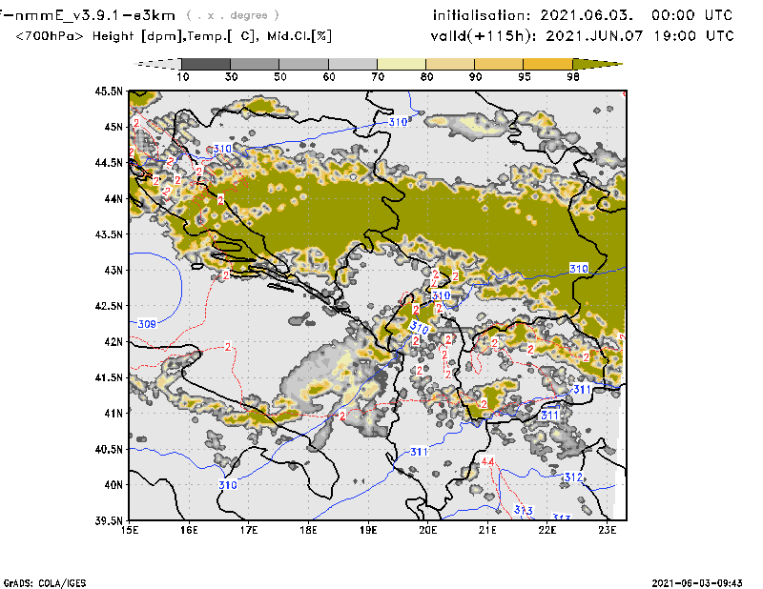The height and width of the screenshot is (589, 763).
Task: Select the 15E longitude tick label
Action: tap(130, 529)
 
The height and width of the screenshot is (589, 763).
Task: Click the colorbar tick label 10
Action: tap(182, 76)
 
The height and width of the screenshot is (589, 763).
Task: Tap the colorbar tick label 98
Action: tap(572, 76)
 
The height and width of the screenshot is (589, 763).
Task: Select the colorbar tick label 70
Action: tap(378, 76)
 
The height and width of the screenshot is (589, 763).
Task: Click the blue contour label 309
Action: tap(147, 324)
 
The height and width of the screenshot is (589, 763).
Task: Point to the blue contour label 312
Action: tap(572, 477)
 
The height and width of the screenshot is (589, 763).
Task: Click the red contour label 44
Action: tap(488, 463)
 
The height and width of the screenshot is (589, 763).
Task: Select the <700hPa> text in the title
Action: tap(50, 36)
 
